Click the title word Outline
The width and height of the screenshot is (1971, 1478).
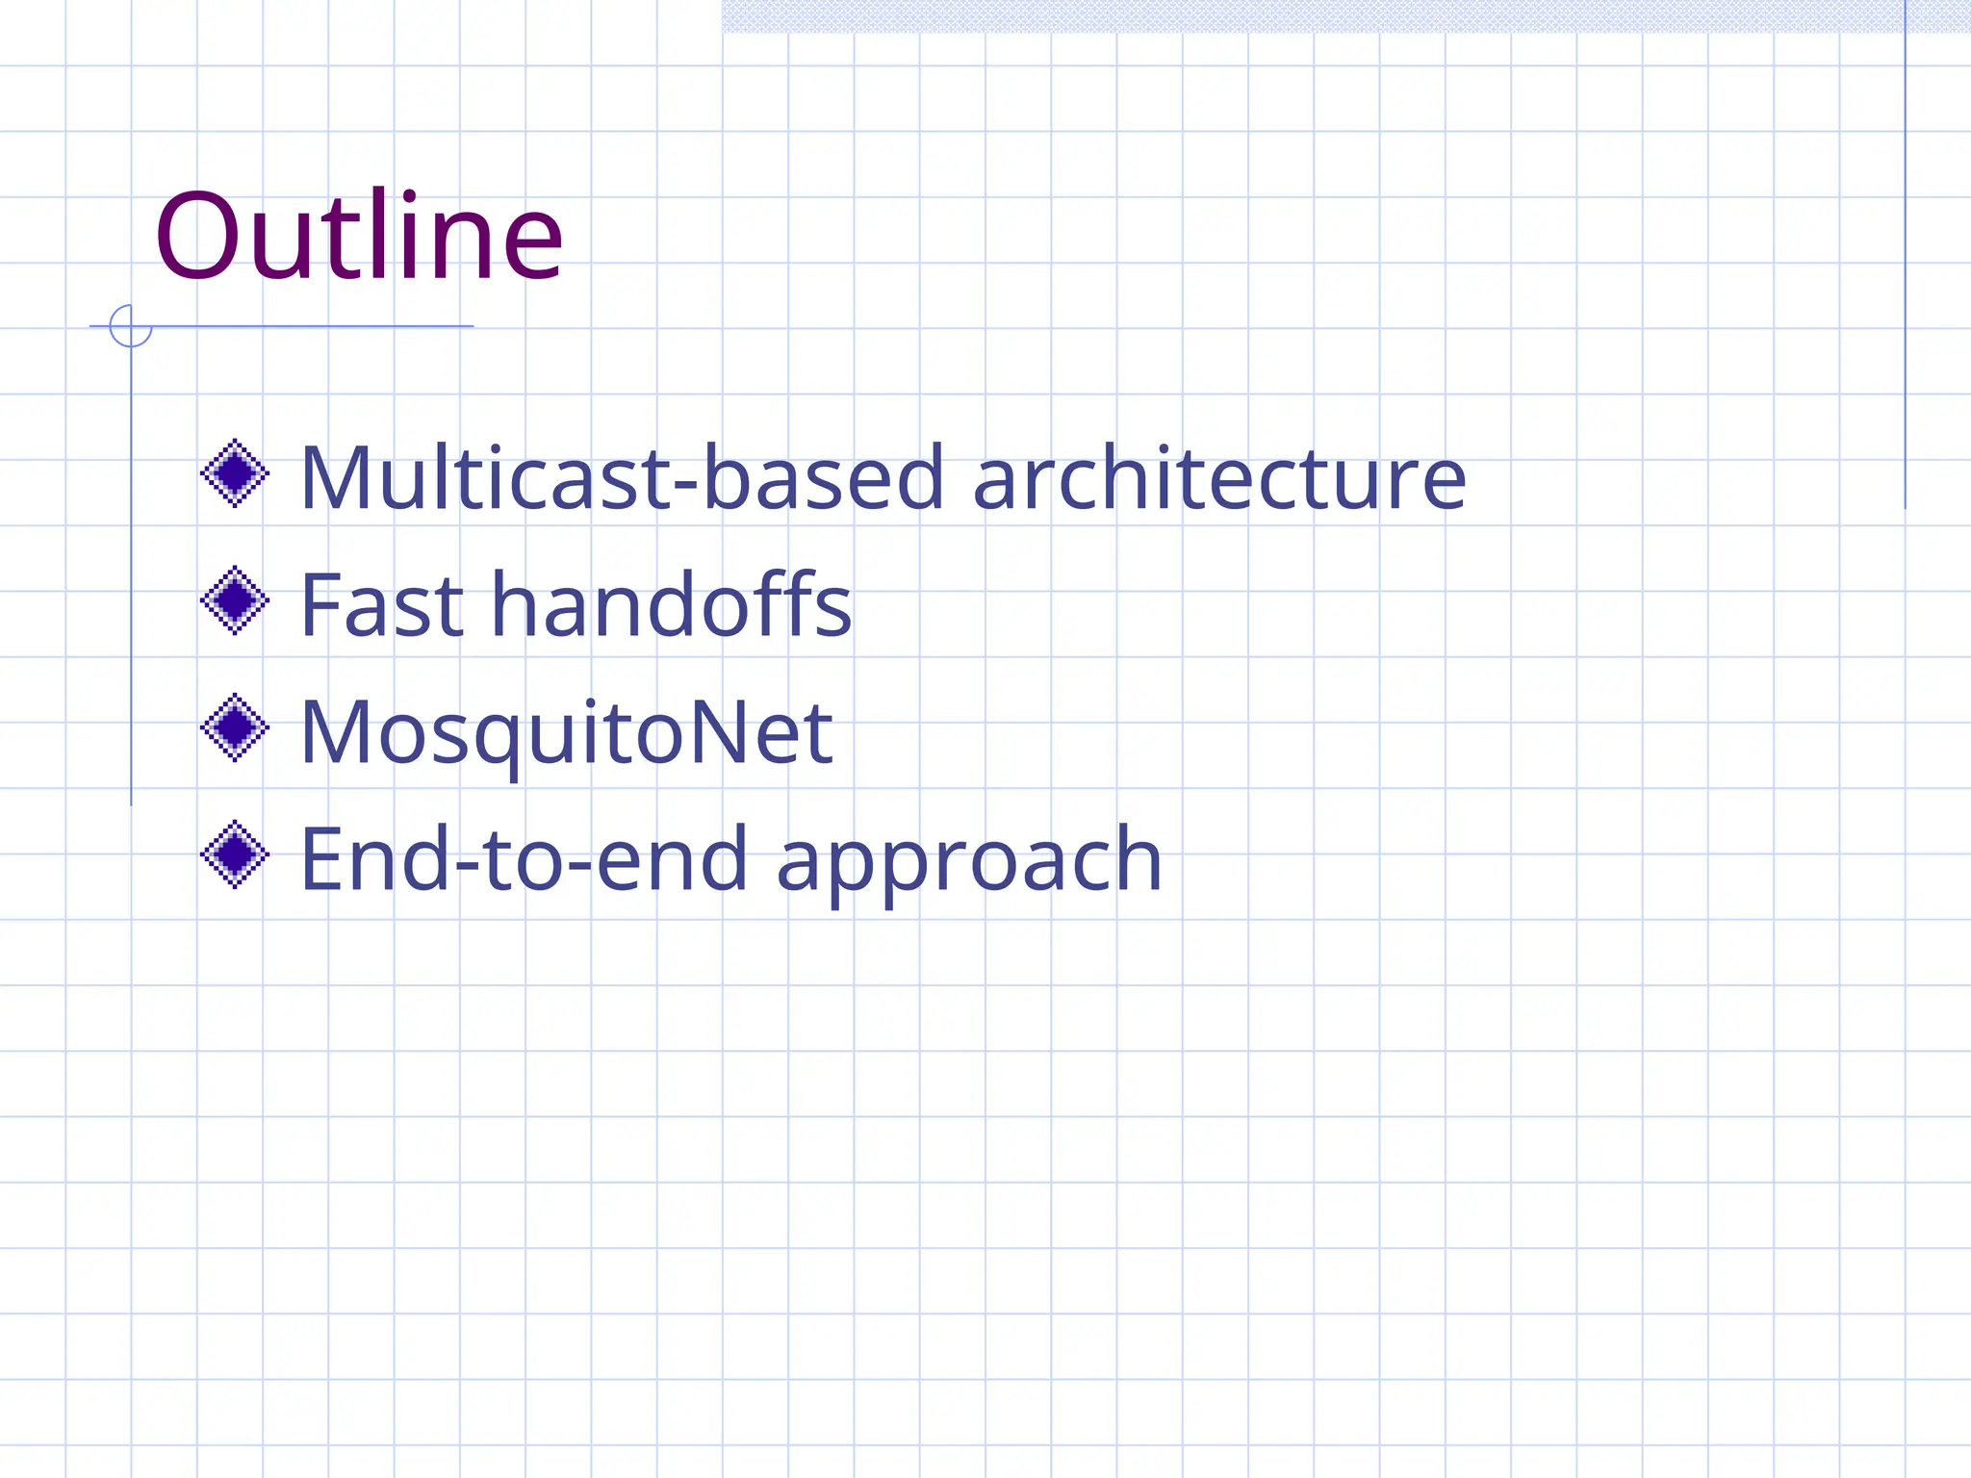click(x=358, y=237)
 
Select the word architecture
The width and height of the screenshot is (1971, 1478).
click(x=1219, y=477)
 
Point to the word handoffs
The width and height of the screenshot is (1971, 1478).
click(x=672, y=605)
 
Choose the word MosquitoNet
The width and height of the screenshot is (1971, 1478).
click(x=566, y=733)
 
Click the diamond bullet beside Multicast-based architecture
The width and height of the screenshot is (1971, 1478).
click(x=235, y=473)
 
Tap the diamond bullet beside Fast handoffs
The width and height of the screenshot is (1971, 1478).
click(x=235, y=600)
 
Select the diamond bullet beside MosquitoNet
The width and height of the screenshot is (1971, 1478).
click(x=235, y=727)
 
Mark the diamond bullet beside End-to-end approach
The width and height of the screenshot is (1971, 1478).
click(x=235, y=854)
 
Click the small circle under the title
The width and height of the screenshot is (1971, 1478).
click(x=131, y=326)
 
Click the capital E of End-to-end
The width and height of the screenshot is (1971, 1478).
click(x=325, y=859)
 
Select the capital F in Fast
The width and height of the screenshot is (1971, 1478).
click(x=321, y=605)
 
